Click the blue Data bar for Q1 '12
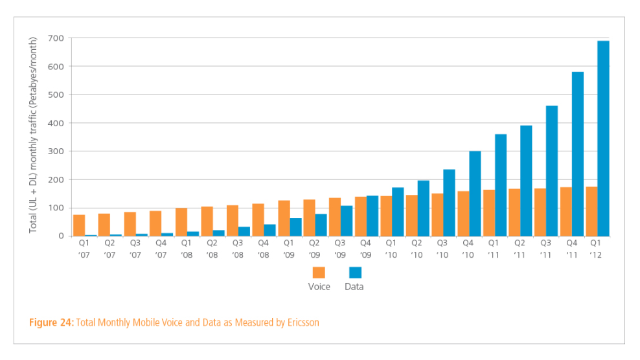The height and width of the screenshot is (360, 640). (x=603, y=139)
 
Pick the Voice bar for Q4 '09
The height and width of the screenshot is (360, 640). (x=360, y=216)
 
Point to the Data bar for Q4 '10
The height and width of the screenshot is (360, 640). (x=475, y=194)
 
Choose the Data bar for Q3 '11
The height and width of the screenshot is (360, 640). (x=552, y=171)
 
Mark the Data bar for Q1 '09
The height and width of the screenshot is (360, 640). (x=295, y=227)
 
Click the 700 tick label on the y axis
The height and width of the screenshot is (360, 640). (x=56, y=38)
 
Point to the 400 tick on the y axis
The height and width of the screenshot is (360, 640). (x=56, y=123)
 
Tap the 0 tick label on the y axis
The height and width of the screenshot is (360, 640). (x=61, y=236)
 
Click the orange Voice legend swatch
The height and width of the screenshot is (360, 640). (x=319, y=273)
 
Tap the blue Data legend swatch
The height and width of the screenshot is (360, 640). (x=355, y=273)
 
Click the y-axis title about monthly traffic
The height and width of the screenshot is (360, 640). (x=34, y=136)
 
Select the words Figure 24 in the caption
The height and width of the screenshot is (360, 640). (x=51, y=322)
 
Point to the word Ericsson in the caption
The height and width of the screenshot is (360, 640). (x=302, y=322)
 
